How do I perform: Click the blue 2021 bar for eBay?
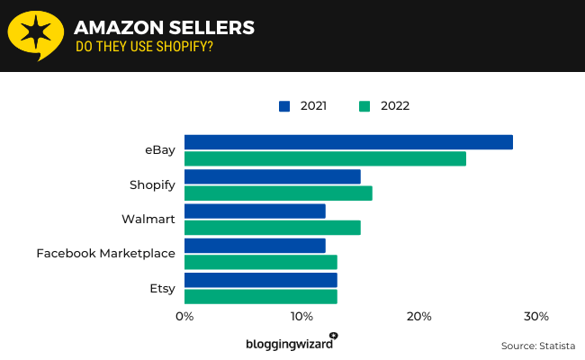(x=348, y=142)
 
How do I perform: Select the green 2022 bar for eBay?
(x=325, y=159)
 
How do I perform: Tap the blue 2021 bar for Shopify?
(x=272, y=176)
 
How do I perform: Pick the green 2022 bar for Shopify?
(x=278, y=193)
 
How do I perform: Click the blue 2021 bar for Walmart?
(x=255, y=211)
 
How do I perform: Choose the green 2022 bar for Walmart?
(x=272, y=228)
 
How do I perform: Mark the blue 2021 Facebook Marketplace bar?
(x=255, y=245)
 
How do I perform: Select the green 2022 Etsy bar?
(x=260, y=296)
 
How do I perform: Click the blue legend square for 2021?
(x=284, y=105)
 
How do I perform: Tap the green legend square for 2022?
(x=364, y=105)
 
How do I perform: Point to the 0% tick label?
(x=184, y=317)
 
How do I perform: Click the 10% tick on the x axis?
(x=301, y=317)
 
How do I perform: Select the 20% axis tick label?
(x=418, y=317)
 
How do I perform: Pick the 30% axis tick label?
(x=536, y=317)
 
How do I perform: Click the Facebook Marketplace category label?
(x=105, y=254)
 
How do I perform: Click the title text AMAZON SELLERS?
(x=165, y=28)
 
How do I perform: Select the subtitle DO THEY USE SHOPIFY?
(x=144, y=47)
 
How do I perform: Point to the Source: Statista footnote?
(x=537, y=346)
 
